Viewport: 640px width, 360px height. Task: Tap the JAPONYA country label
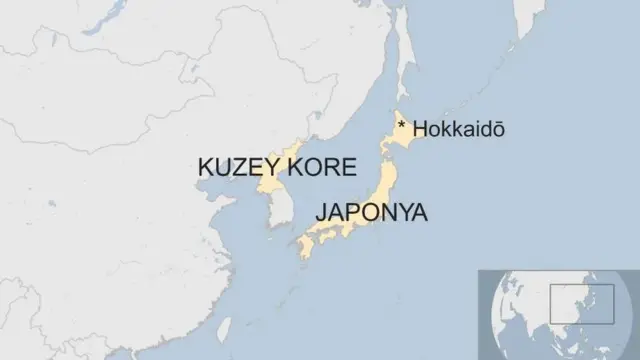[x=371, y=212]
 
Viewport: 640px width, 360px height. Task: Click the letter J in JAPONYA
[x=320, y=213]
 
